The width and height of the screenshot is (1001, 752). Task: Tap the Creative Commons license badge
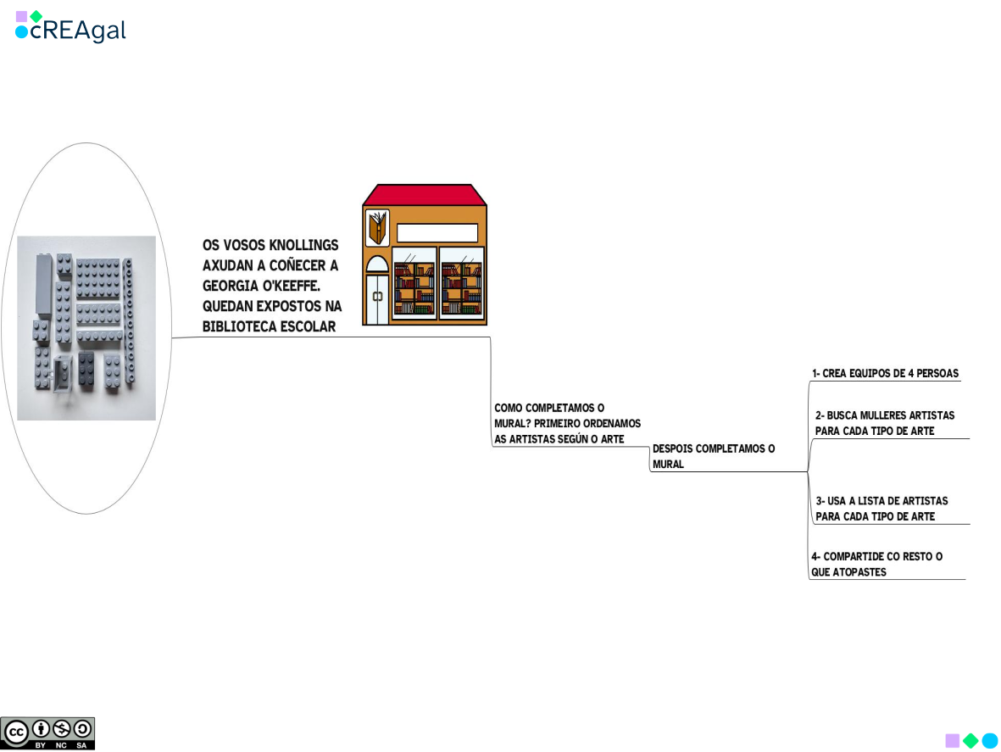point(48,733)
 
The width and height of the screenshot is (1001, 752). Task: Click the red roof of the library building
point(425,195)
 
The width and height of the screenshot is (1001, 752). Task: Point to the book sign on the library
point(377,228)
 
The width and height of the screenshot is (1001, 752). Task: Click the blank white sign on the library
point(437,233)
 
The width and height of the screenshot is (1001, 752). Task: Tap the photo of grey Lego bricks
point(86,328)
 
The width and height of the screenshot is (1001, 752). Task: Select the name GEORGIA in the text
point(232,286)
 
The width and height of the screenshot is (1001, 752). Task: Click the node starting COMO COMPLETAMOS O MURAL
point(567,423)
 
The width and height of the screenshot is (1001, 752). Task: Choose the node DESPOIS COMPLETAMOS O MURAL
point(714,456)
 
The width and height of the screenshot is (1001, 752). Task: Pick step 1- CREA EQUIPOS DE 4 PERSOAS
point(885,373)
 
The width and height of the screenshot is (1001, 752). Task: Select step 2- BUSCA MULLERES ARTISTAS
point(884,423)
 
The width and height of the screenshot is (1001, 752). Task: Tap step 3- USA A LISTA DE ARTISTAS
point(881,509)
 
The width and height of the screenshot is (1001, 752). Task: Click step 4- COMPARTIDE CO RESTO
point(876,564)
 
